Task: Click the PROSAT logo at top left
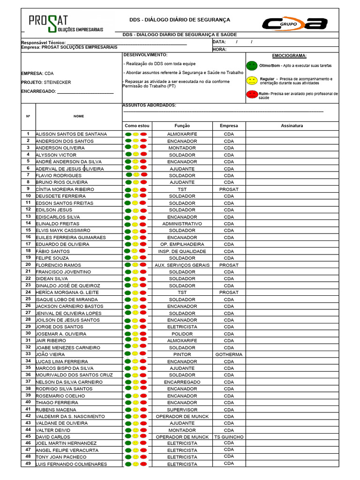click(65, 23)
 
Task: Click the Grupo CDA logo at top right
click(294, 23)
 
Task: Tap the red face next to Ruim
click(252, 95)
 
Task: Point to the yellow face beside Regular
click(252, 80)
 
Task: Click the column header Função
click(182, 126)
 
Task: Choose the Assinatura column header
click(292, 126)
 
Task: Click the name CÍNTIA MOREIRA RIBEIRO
click(65, 189)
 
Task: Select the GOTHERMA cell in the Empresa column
click(229, 355)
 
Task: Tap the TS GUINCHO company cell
click(229, 437)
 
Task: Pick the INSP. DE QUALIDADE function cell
click(182, 251)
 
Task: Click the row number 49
click(28, 464)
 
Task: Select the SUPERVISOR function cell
click(182, 410)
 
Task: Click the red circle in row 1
click(143, 135)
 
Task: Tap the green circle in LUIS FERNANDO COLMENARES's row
click(128, 464)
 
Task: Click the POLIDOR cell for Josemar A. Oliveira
click(182, 334)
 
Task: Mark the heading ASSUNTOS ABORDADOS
click(149, 105)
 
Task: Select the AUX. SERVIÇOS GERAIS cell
click(182, 265)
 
